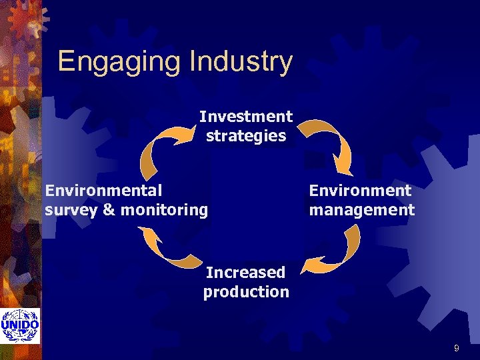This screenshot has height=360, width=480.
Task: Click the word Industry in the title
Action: tap(241, 62)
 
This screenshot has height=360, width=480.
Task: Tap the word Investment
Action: tap(245, 117)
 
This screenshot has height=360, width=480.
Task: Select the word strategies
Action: tap(246, 136)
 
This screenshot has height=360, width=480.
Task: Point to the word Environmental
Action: tap(103, 191)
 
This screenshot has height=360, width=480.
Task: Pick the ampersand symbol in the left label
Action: tap(106, 210)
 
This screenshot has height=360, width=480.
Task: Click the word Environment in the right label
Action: tap(360, 191)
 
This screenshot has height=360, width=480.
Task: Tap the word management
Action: tap(361, 210)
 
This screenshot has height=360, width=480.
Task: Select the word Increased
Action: tap(245, 272)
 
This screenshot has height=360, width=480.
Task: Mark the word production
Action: tap(246, 291)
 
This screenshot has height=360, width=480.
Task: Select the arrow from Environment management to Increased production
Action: tap(333, 251)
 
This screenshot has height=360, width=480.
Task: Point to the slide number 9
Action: tap(456, 348)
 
